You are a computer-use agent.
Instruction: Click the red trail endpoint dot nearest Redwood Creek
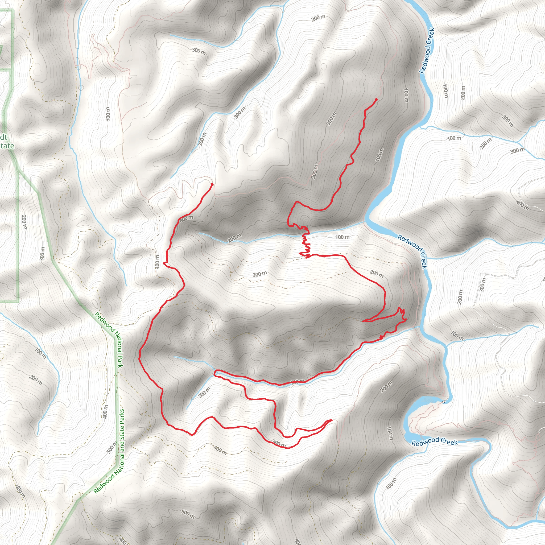click(376, 100)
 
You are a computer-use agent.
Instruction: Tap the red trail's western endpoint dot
click(212, 184)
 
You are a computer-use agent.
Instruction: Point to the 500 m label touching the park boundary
click(112, 447)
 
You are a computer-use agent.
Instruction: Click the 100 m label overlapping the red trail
click(297, 382)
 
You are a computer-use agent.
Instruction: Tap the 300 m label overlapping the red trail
click(279, 443)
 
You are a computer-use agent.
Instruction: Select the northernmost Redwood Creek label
click(426, 51)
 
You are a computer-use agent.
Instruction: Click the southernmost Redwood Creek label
click(434, 441)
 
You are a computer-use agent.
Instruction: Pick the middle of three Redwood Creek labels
click(412, 251)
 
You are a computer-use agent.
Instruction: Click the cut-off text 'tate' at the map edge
click(7, 146)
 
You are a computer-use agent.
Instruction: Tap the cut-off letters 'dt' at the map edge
click(3, 137)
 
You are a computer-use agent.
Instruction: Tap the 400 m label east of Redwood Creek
click(522, 205)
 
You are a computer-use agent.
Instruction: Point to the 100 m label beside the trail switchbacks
click(342, 237)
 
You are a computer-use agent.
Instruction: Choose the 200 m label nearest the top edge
click(319, 18)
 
